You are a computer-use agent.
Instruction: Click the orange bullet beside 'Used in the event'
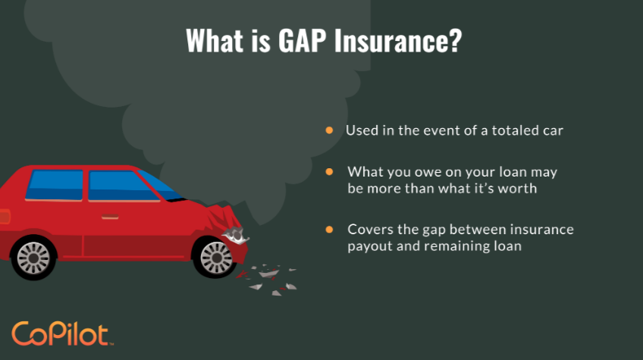coord(330,130)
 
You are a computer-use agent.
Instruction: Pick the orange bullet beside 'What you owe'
coord(330,173)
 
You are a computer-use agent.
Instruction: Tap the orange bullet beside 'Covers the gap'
coord(330,229)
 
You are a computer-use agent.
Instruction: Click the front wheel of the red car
coord(215,256)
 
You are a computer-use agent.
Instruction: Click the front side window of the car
coord(121,185)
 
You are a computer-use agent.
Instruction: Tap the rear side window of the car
coord(55,185)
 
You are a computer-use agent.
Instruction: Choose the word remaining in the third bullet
coord(462,247)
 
